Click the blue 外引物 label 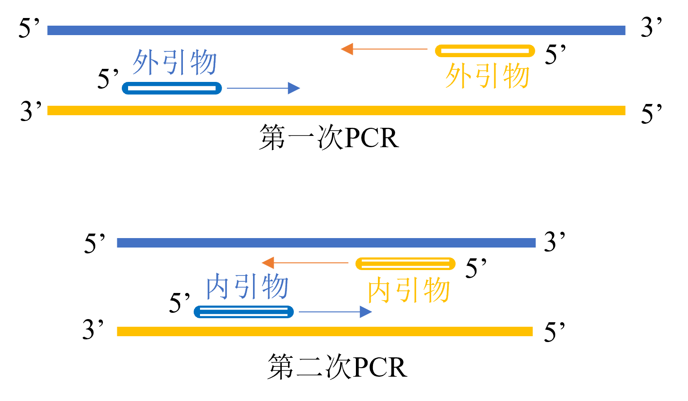[x=175, y=62]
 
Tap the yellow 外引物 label [x=488, y=76]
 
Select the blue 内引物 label [x=247, y=287]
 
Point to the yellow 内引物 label [x=408, y=290]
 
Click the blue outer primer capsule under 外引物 [x=172, y=88]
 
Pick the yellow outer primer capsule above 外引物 [x=485, y=51]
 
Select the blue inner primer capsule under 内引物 [x=244, y=312]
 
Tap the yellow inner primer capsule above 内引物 [x=405, y=264]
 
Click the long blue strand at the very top [x=336, y=30]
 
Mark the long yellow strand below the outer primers [x=336, y=110]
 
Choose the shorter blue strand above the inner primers [x=326, y=243]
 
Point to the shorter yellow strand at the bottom [x=324, y=331]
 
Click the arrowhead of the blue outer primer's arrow [x=294, y=88]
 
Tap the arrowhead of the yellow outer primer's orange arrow [x=346, y=49]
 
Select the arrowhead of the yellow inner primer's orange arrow [x=267, y=263]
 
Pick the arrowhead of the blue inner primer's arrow [x=366, y=312]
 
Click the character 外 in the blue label [x=146, y=62]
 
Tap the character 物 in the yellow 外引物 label [x=516, y=76]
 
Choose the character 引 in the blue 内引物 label [x=247, y=287]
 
